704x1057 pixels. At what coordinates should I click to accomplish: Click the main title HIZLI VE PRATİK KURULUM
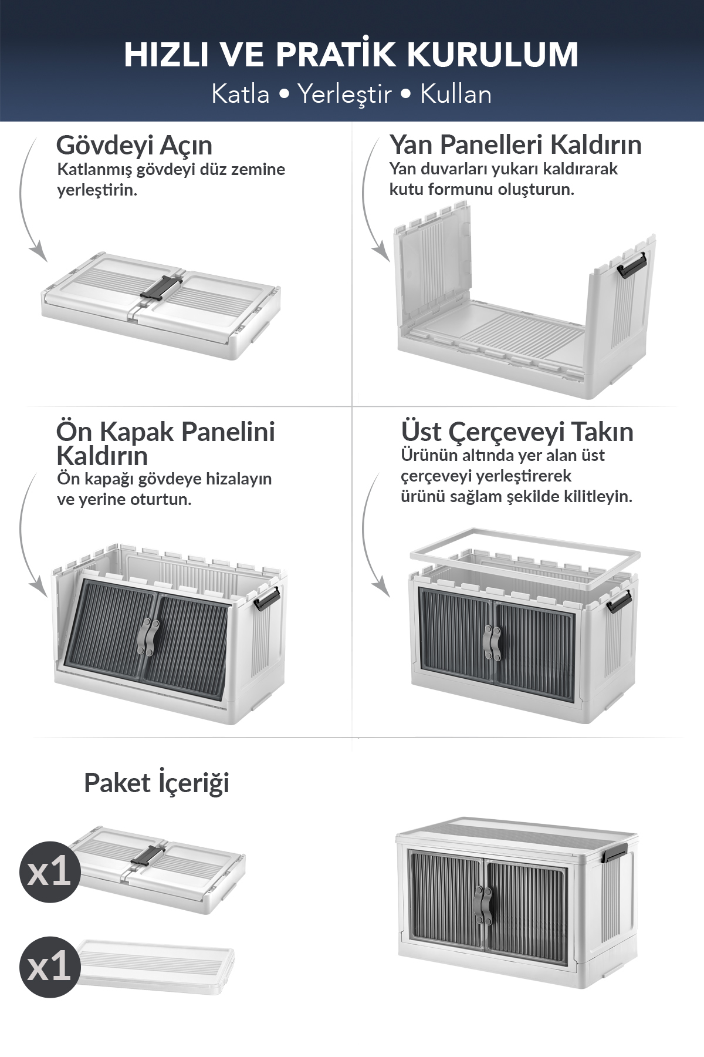click(351, 55)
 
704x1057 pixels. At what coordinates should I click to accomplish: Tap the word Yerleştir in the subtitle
click(344, 94)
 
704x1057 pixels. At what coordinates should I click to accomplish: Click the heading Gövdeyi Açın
click(134, 145)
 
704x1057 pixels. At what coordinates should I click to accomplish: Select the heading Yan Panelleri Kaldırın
click(516, 144)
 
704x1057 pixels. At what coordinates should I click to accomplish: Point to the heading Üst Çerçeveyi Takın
click(517, 432)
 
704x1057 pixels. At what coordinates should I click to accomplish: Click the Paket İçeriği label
click(157, 783)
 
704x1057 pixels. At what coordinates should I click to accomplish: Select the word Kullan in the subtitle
click(456, 94)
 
